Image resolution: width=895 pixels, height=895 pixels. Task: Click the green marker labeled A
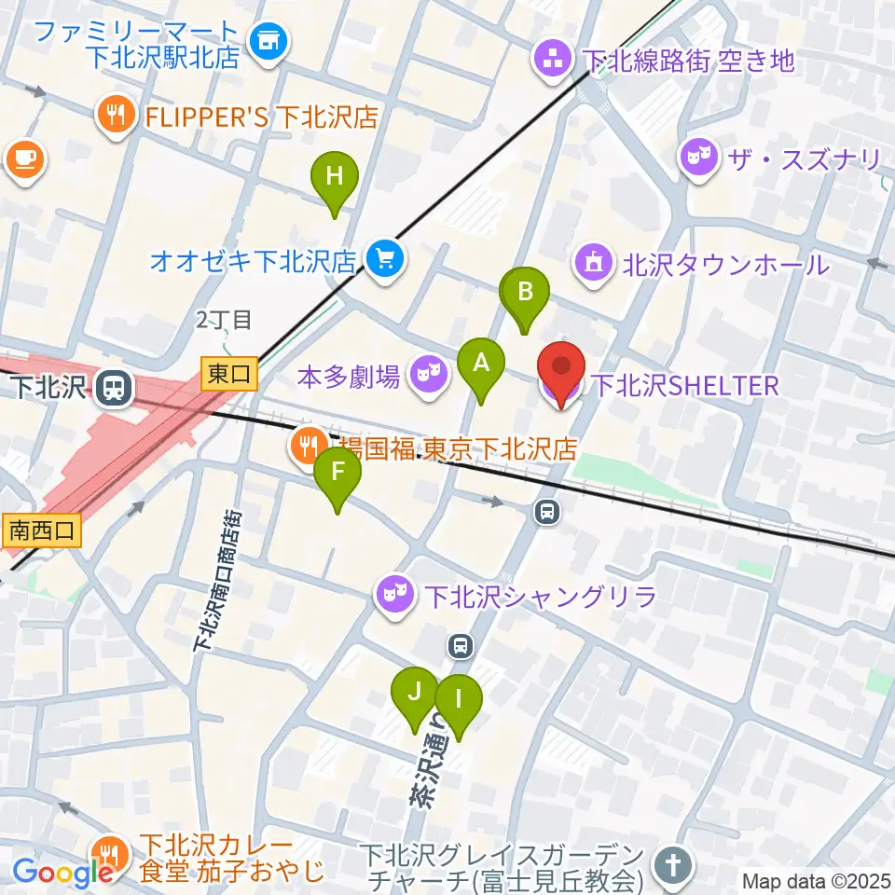[481, 364]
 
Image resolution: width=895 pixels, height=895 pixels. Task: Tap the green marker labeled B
[526, 293]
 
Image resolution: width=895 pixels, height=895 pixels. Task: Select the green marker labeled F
[337, 474]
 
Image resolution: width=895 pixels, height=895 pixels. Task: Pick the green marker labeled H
[334, 177]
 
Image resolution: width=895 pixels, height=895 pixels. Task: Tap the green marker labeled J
[415, 694]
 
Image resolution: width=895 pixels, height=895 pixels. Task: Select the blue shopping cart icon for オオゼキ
[384, 257]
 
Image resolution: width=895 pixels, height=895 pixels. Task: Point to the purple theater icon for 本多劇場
[427, 377]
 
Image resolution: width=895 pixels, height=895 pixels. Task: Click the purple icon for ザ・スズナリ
[697, 158]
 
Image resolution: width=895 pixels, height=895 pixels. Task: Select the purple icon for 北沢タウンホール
[594, 264]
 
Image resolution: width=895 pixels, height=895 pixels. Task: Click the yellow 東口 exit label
[228, 375]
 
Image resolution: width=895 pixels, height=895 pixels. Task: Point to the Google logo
[62, 872]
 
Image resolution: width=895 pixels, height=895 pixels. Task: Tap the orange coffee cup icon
[23, 158]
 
